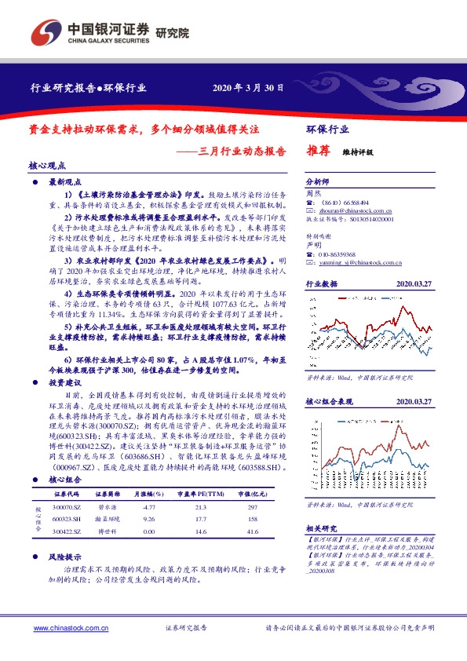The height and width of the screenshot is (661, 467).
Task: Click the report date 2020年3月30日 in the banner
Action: coord(248,88)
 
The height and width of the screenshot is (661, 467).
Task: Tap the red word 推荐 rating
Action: coord(319,154)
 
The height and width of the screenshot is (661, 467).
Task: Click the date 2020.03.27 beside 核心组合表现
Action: coord(415,402)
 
